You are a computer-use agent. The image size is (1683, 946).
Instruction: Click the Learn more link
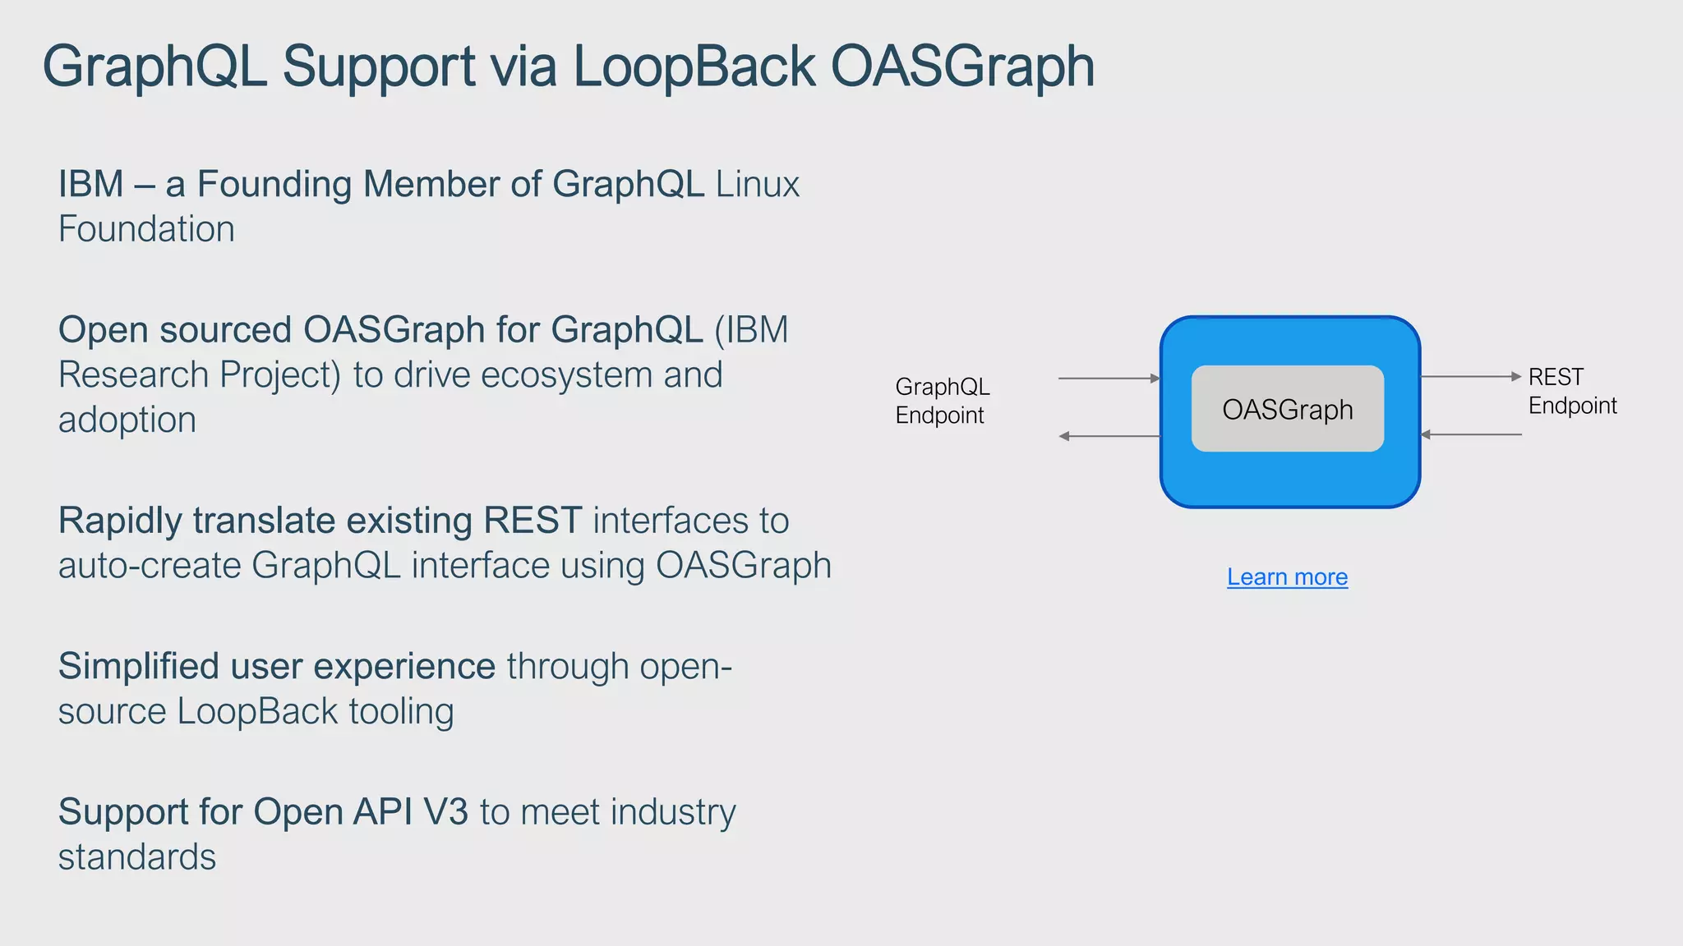coord(1287,577)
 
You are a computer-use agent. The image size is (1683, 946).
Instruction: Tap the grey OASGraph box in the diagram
coord(1287,409)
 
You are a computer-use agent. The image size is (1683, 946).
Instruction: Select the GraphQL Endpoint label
coord(942,401)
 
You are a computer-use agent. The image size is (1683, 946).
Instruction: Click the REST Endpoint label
coord(1571,391)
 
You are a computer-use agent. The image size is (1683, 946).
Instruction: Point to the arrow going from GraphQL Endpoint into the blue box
coord(1109,379)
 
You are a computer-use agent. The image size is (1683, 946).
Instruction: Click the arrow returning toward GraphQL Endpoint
coord(1109,436)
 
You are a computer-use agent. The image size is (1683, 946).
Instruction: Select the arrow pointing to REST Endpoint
coord(1471,376)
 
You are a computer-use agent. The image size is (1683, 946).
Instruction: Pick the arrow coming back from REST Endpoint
coord(1471,434)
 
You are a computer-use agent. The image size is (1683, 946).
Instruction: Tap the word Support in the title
coord(379,67)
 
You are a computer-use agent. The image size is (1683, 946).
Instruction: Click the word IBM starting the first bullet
coord(90,184)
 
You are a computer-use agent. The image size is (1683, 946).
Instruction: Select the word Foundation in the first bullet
coord(146,229)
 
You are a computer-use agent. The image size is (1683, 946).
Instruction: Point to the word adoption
coord(127,420)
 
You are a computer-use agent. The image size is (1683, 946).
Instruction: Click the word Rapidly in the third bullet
coord(120,521)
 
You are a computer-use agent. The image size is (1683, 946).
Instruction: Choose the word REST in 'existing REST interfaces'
coord(533,521)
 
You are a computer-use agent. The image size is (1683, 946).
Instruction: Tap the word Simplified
coord(138,667)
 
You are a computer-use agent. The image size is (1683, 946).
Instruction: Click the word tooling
coord(401,712)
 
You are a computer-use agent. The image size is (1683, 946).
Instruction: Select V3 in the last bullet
coord(445,812)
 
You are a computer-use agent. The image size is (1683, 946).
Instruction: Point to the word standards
coord(137,857)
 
